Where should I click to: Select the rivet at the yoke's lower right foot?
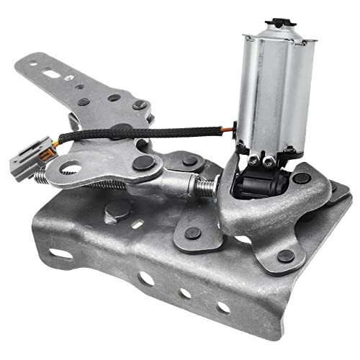(x=286, y=255)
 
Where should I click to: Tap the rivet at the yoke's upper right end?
(x=302, y=178)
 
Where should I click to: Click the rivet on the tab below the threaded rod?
(x=193, y=232)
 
